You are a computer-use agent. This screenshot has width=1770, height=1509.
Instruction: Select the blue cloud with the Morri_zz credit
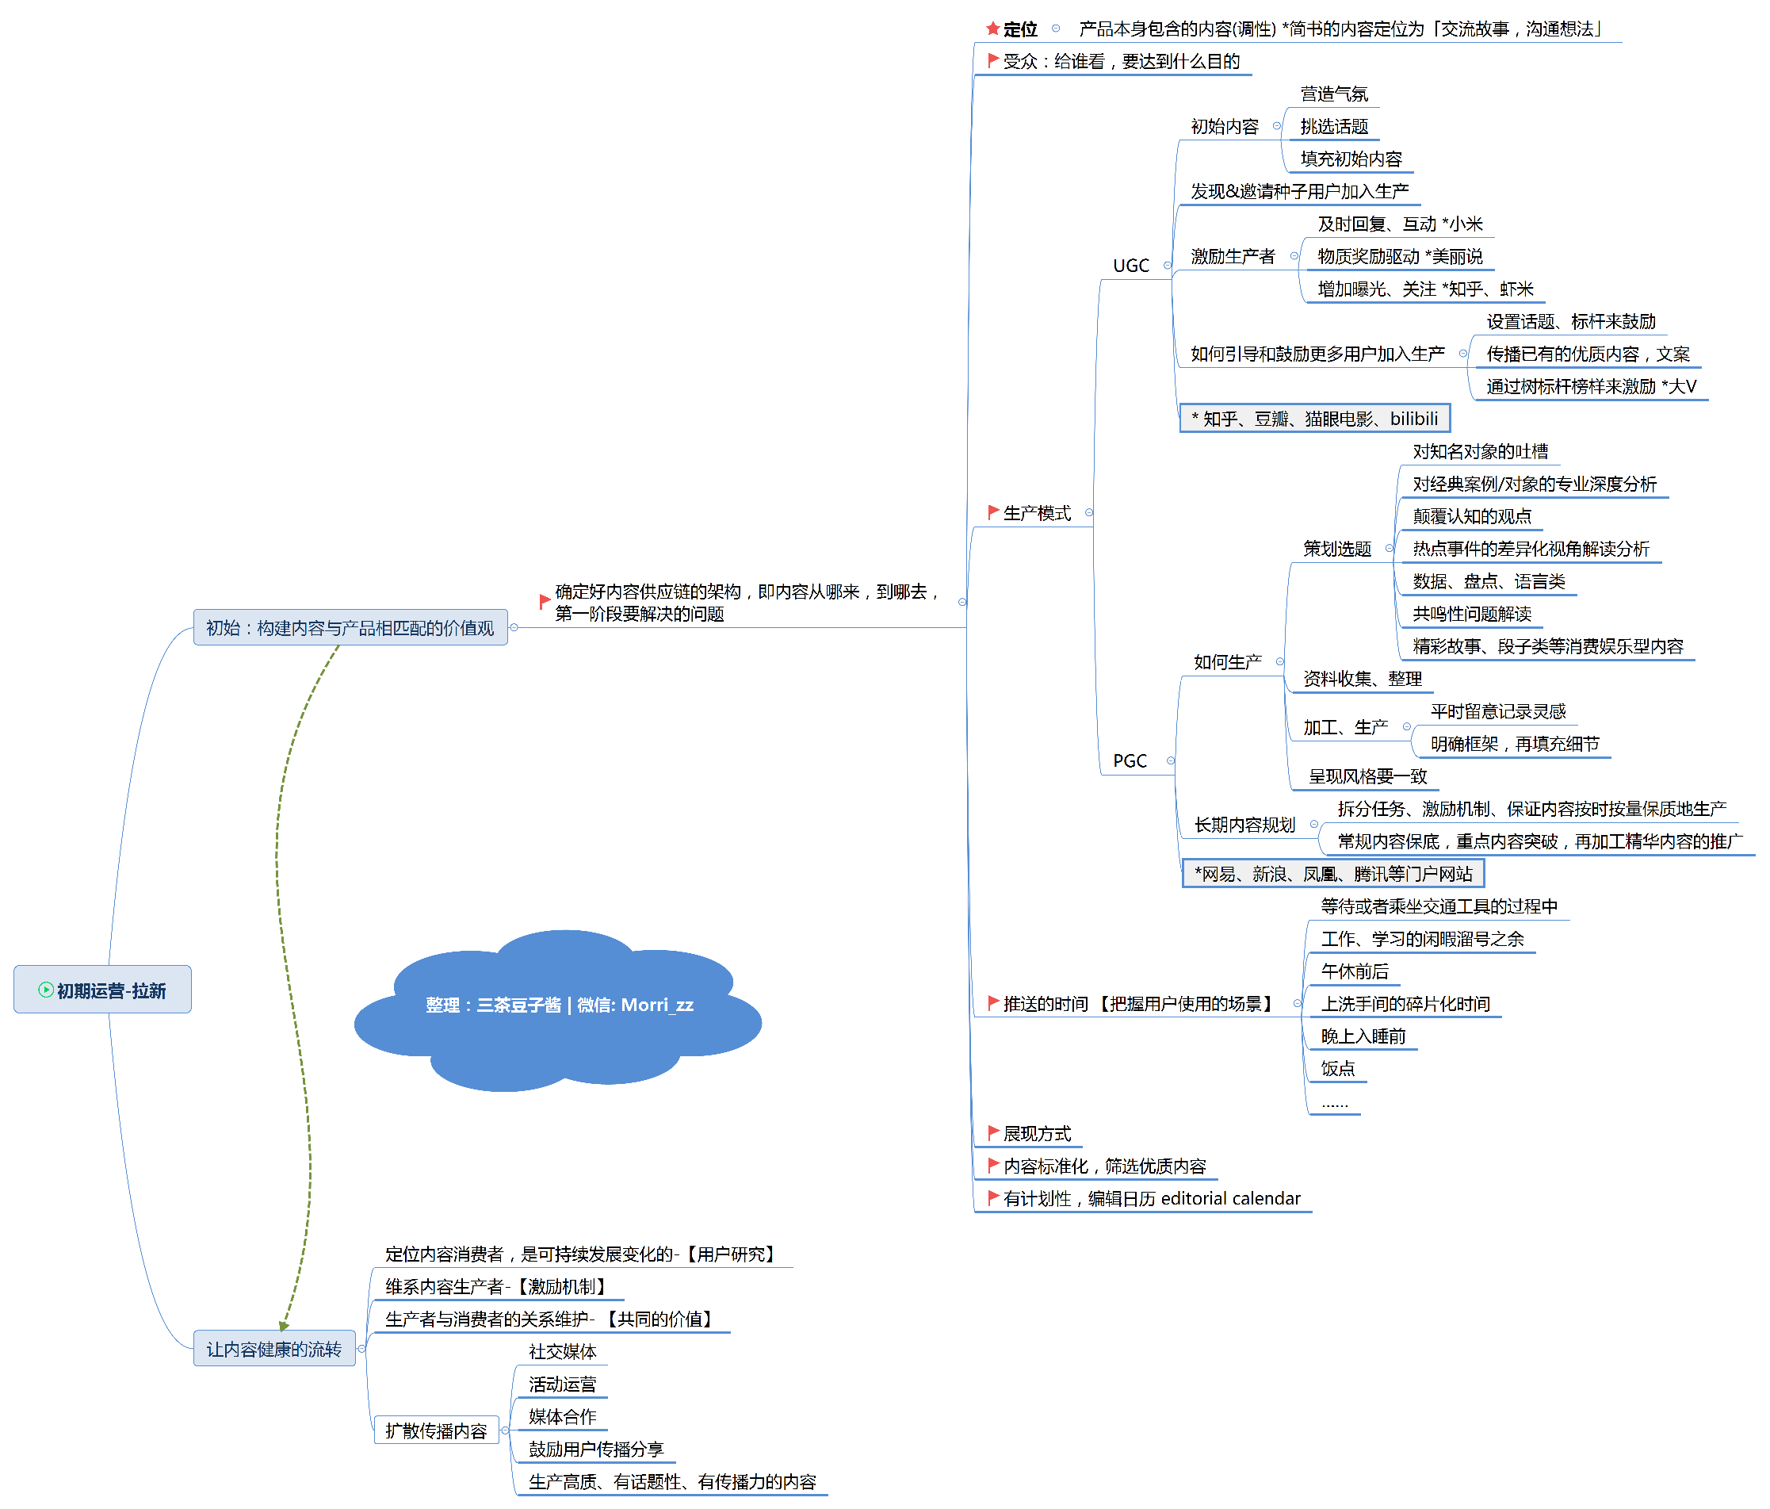point(560,1005)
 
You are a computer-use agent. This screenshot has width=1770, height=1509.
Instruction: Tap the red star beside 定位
point(992,29)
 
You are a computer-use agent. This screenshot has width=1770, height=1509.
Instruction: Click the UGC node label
point(1131,266)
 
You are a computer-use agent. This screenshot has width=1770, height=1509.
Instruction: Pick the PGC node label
point(1130,760)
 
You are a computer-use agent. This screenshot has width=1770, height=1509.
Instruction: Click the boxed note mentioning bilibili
point(1315,419)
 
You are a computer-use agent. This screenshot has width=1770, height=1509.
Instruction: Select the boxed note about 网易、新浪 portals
point(1333,873)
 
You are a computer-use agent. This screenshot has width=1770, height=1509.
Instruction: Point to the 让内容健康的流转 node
point(273,1348)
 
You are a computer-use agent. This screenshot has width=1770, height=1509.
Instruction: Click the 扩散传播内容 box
point(436,1430)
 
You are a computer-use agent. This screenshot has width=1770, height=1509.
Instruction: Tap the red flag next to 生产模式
point(992,511)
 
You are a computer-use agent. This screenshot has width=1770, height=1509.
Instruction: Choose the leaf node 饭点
point(1338,1068)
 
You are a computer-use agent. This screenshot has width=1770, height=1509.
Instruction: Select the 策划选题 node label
point(1337,549)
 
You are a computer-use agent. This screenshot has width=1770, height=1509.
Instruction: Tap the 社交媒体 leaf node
point(562,1351)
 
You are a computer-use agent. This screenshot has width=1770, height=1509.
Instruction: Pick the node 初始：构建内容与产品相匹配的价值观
point(350,627)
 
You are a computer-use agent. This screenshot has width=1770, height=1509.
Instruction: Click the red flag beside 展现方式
point(992,1132)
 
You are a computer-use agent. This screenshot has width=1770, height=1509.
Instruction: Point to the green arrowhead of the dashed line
point(285,1325)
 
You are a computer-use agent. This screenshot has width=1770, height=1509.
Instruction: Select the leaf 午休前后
point(1355,971)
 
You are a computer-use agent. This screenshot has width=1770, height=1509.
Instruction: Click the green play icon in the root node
point(46,990)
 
